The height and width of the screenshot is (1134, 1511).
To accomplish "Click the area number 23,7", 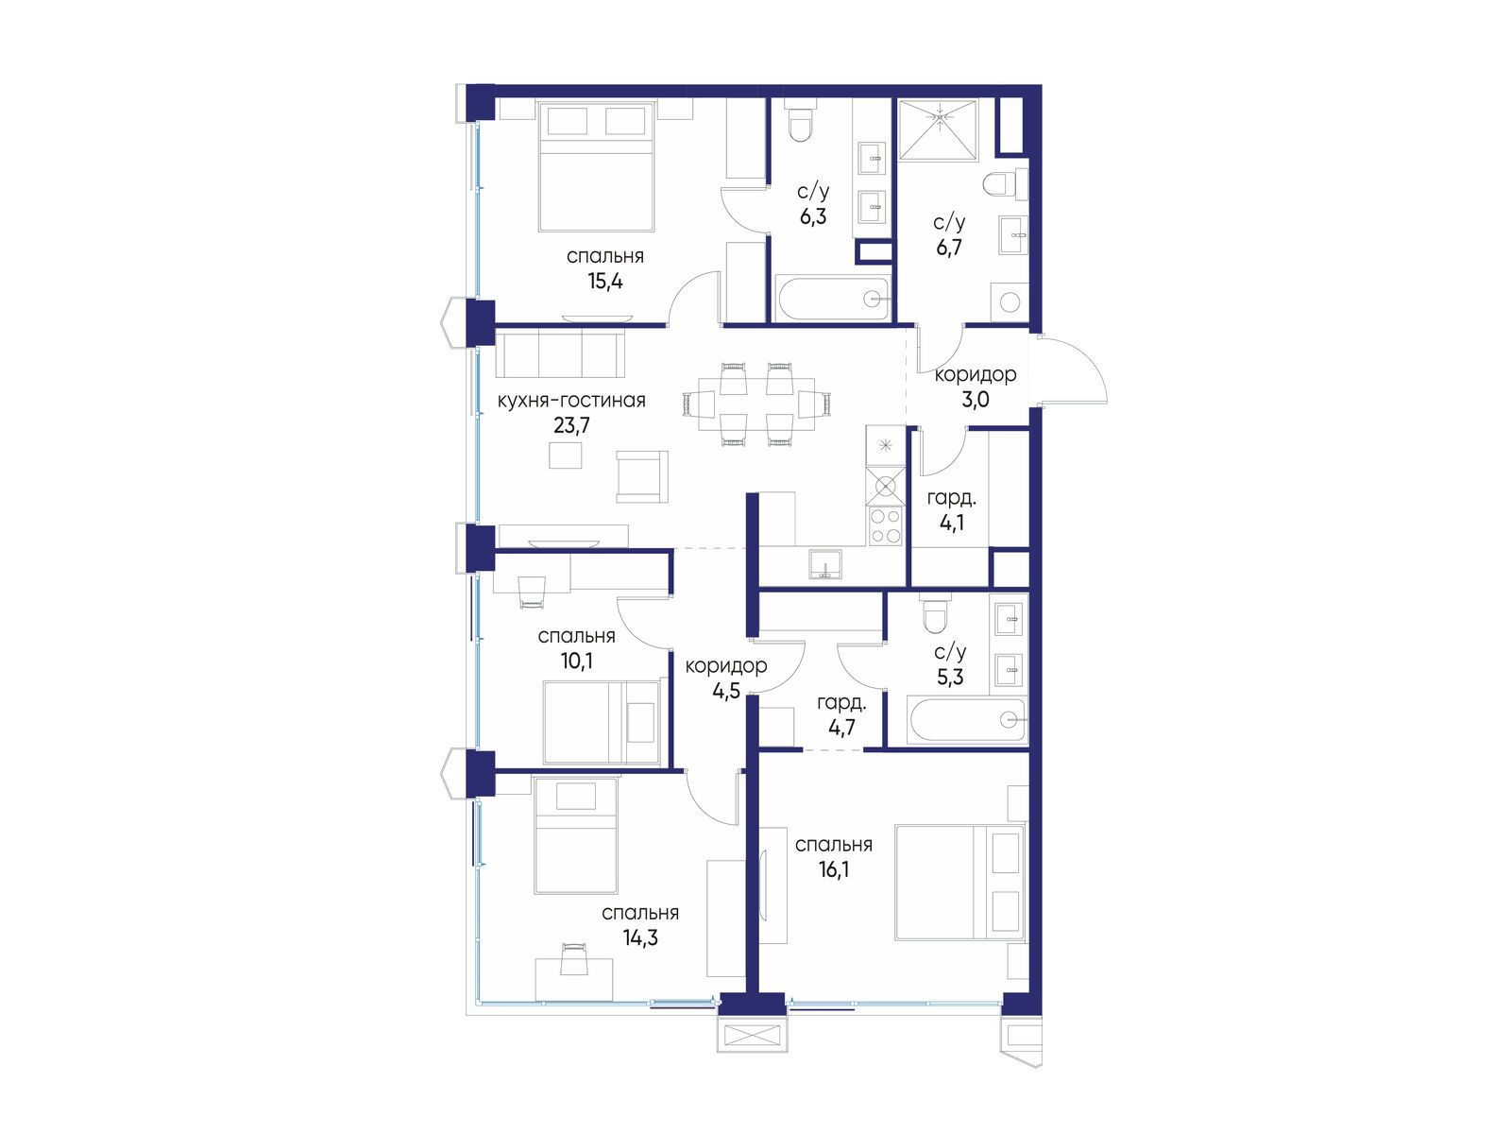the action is pos(571,425).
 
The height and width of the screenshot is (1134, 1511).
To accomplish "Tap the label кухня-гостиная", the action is pos(571,401).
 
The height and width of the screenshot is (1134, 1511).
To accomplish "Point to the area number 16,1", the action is pos(833,869).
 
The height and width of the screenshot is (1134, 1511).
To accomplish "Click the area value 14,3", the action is pos(639,937).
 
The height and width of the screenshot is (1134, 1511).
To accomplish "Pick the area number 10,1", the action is pos(576,661).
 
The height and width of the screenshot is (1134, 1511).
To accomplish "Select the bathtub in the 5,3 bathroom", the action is pos(969,721).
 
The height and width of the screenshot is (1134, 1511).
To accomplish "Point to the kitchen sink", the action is pos(825,564).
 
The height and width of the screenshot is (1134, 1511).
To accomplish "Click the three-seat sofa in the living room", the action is pos(560,353).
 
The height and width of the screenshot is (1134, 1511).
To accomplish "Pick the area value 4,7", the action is pos(841,727).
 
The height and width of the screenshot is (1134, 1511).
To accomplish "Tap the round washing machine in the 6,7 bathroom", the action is pos(1010,302).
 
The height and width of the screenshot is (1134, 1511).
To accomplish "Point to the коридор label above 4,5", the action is pos(725,666).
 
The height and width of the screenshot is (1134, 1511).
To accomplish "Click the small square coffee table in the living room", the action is pos(565,455).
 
